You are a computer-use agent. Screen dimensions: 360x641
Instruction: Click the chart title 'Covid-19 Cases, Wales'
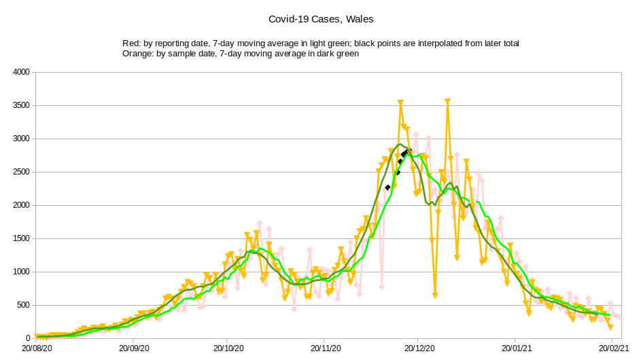pyautogui.click(x=320, y=19)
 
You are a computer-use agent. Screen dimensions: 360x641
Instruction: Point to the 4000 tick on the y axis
pyautogui.click(x=21, y=72)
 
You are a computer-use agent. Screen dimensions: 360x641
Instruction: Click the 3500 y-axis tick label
pyautogui.click(x=21, y=105)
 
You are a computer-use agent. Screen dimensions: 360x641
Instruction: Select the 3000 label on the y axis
pyautogui.click(x=21, y=139)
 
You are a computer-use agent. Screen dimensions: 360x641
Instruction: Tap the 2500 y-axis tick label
pyautogui.click(x=21, y=172)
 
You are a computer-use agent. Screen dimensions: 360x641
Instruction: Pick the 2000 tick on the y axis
pyautogui.click(x=21, y=205)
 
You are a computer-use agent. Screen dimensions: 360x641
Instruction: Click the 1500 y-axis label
pyautogui.click(x=21, y=238)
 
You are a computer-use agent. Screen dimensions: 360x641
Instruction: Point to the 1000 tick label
pyautogui.click(x=21, y=272)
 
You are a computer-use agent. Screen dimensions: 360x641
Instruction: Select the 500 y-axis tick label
pyautogui.click(x=23, y=305)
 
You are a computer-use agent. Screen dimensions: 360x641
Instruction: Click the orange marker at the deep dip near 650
pyautogui.click(x=435, y=295)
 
